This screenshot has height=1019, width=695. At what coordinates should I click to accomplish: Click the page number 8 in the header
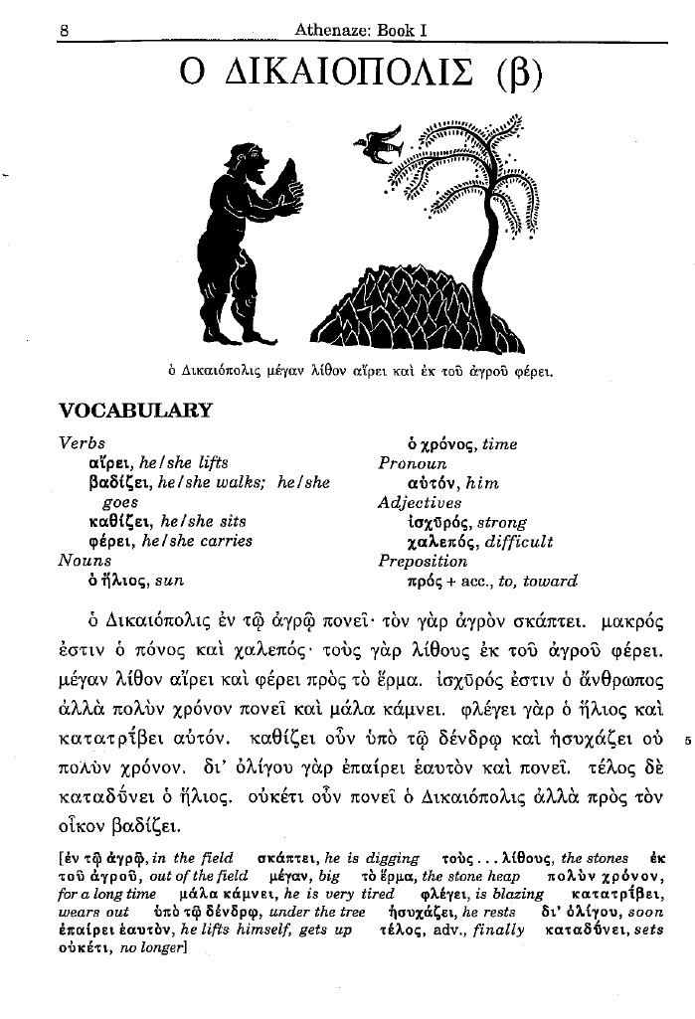pos(64,30)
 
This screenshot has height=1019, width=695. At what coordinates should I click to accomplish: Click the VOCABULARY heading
pos(136,411)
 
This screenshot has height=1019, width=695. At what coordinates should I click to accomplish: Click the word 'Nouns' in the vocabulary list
pos(85,560)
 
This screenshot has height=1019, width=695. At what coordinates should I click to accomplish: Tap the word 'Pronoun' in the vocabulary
pos(413,463)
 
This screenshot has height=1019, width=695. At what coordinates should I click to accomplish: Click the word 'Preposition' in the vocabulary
pos(423,561)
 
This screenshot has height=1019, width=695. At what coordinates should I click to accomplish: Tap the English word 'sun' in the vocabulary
pos(171,581)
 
